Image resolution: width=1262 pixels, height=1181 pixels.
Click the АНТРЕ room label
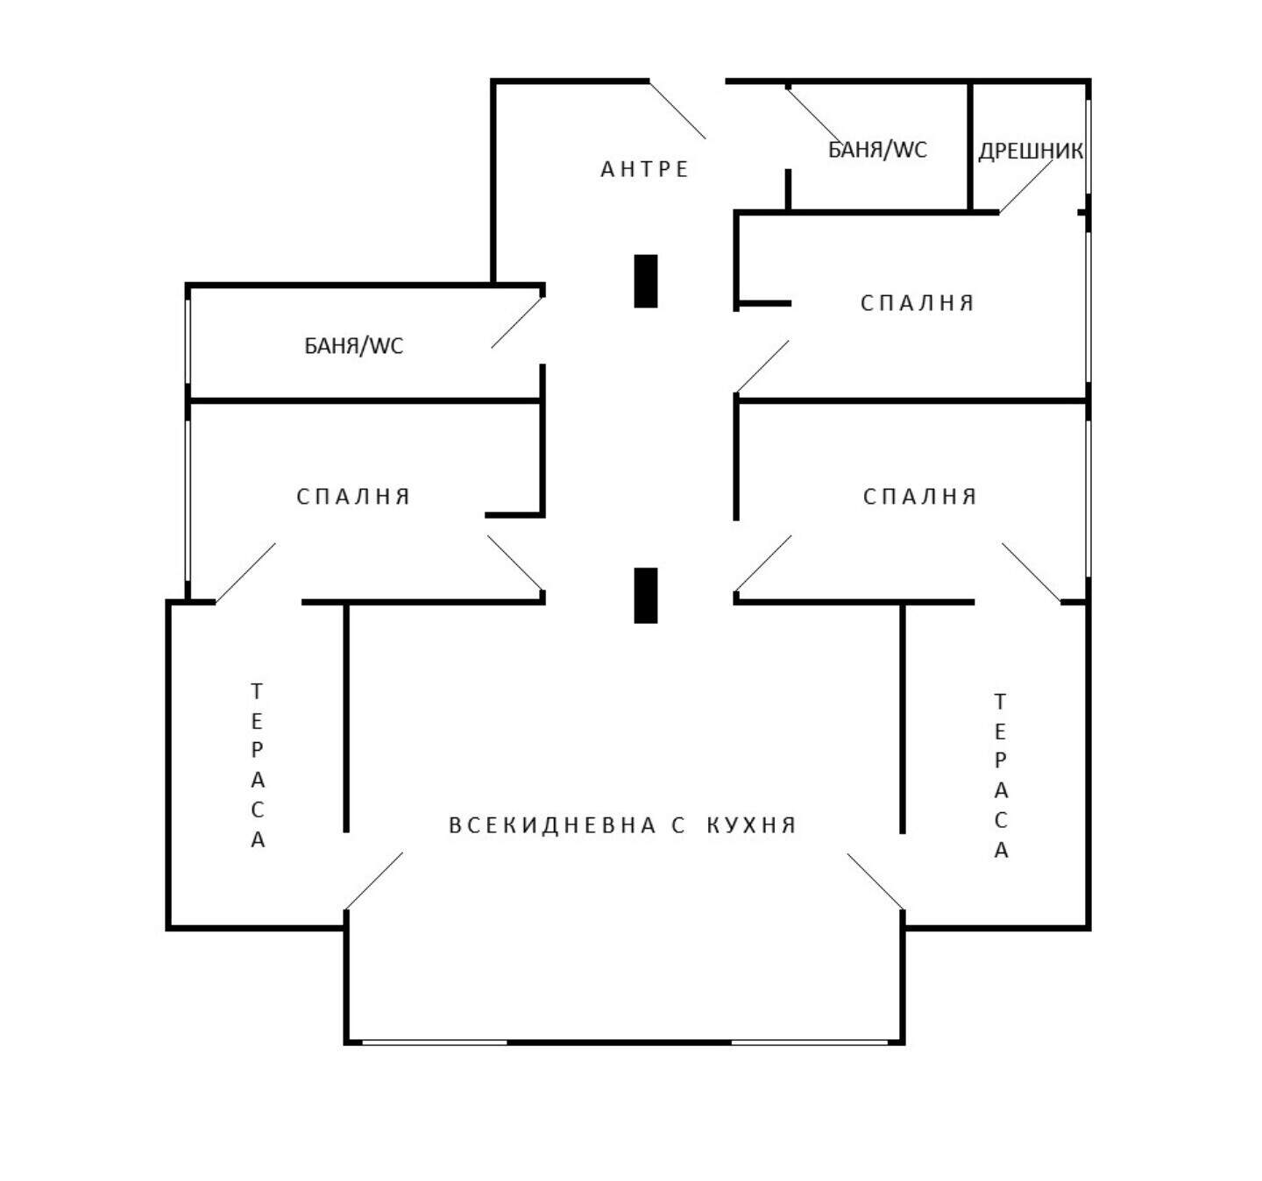[x=644, y=169]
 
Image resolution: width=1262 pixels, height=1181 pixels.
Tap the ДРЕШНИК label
[x=1030, y=152]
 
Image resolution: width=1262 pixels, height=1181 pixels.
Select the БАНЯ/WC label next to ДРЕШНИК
[x=877, y=149]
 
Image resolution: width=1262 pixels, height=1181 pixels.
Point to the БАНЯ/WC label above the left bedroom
[x=353, y=345]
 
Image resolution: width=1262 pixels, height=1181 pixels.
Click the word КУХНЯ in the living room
[x=751, y=825]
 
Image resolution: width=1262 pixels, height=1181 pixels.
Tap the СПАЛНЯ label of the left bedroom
[x=352, y=497]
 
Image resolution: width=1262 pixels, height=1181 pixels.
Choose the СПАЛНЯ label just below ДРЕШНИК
[x=917, y=303]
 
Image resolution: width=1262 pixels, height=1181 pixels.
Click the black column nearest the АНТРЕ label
[x=646, y=281]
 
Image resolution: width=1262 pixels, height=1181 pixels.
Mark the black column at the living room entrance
[x=646, y=595]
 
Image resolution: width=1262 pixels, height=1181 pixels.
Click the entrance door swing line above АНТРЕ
[x=677, y=110]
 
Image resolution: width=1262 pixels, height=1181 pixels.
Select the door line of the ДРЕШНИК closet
[x=1026, y=186]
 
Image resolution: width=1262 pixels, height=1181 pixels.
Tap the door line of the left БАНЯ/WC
[x=516, y=322]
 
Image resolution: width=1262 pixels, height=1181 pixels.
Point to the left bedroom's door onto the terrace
[x=246, y=572]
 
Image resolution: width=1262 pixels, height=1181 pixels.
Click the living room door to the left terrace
[x=374, y=881]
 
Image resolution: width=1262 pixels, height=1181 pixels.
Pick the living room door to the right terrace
[x=875, y=881]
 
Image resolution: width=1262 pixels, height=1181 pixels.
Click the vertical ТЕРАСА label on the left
[x=258, y=765]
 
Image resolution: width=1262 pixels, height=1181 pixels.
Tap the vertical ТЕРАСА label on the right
[x=1000, y=775]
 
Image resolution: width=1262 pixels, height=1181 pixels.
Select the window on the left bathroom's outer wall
[x=188, y=341]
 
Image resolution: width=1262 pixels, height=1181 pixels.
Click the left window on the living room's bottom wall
[x=435, y=1043]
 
